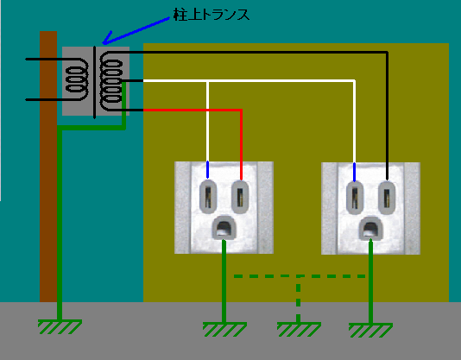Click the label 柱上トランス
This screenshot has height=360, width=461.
coord(212,14)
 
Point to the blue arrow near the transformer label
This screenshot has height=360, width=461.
coord(136,31)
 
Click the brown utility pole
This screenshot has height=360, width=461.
coord(48,167)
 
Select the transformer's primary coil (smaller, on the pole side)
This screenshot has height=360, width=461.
coord(77,79)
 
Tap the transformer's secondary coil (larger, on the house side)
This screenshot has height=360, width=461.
coord(111,81)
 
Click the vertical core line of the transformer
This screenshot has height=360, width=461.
coord(94,82)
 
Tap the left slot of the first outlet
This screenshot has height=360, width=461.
coord(208,197)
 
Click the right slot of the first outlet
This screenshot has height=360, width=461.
coord(240,197)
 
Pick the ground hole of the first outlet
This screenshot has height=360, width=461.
coord(224,227)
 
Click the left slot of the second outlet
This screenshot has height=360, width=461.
coord(355,197)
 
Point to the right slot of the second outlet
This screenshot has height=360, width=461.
coord(387,197)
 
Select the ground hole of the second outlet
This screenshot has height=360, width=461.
coord(370,228)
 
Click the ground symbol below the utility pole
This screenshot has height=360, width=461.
coord(60,326)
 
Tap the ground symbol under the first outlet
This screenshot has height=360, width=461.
coord(224,329)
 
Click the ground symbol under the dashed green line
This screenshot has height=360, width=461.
coord(299,330)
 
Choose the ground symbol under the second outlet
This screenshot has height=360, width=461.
coord(370,330)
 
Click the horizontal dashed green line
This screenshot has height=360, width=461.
coord(300,276)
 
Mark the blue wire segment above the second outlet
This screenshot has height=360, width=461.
coord(354,172)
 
